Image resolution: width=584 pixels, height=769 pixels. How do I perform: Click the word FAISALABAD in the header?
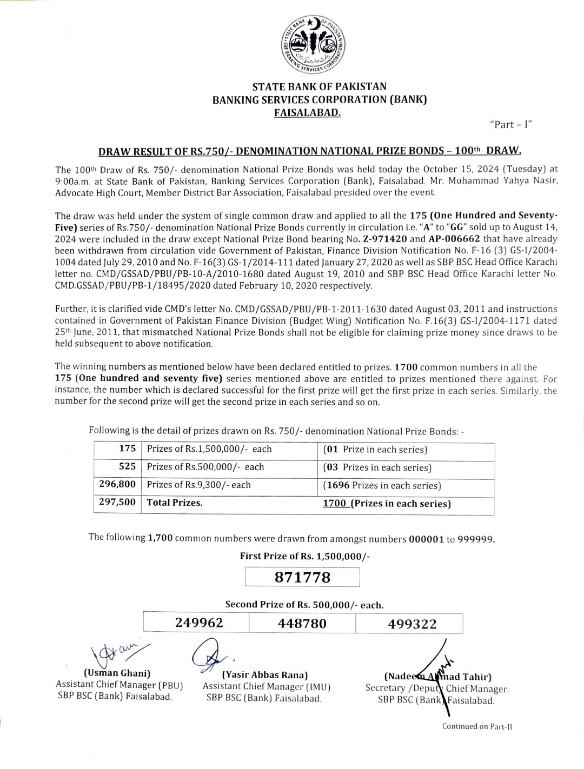307,112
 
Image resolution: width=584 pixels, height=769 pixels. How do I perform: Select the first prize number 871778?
302,577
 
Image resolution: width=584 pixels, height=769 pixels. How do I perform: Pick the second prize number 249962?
199,623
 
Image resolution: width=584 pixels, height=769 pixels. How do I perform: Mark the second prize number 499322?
412,624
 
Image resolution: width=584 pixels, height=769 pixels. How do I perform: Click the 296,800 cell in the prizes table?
117,485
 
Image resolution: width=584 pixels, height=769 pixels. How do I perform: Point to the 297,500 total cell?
117,502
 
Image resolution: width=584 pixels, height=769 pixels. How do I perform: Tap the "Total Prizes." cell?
175,503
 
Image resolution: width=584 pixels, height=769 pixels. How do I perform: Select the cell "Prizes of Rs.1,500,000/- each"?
209,449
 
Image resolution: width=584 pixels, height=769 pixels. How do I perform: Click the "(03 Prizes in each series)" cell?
377,467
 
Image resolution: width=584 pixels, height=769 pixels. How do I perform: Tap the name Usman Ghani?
117,673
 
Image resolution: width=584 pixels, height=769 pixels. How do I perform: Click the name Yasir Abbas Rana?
265,675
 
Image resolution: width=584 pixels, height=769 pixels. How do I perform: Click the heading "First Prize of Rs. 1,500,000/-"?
305,556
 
